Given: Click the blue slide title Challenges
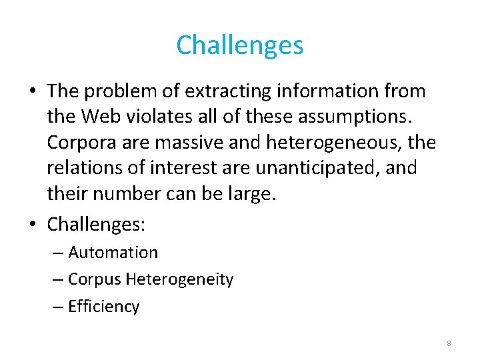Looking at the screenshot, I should click(240, 45).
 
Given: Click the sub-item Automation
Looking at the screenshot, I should click(113, 253).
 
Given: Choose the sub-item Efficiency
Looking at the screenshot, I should click(103, 307).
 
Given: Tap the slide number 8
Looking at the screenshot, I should click(449, 343).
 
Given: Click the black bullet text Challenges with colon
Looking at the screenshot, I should click(95, 225).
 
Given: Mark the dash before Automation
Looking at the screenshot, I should click(59, 253).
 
